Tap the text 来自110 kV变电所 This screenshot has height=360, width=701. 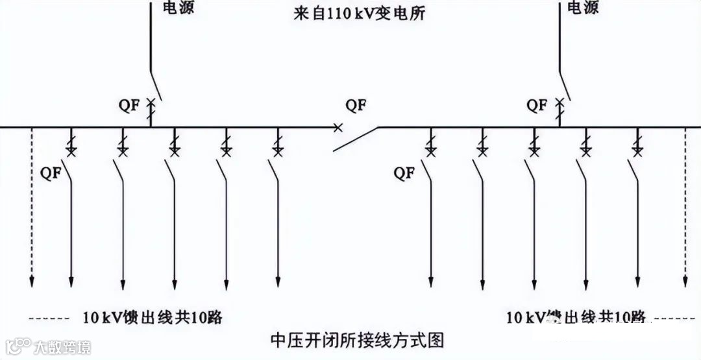pyautogui.click(x=359, y=12)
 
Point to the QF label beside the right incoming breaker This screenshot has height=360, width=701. pyautogui.click(x=535, y=104)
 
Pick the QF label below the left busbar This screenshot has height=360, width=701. pyautogui.click(x=53, y=173)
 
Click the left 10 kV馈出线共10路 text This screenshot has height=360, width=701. pyautogui.click(x=153, y=317)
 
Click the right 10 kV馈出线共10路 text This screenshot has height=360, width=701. pyautogui.click(x=575, y=317)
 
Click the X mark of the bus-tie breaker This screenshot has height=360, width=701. pyautogui.click(x=338, y=128)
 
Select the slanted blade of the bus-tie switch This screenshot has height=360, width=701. pyautogui.click(x=356, y=139)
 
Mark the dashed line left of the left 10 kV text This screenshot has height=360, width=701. pyautogui.click(x=49, y=318)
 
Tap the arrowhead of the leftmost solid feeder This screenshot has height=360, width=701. pyautogui.click(x=71, y=283)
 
